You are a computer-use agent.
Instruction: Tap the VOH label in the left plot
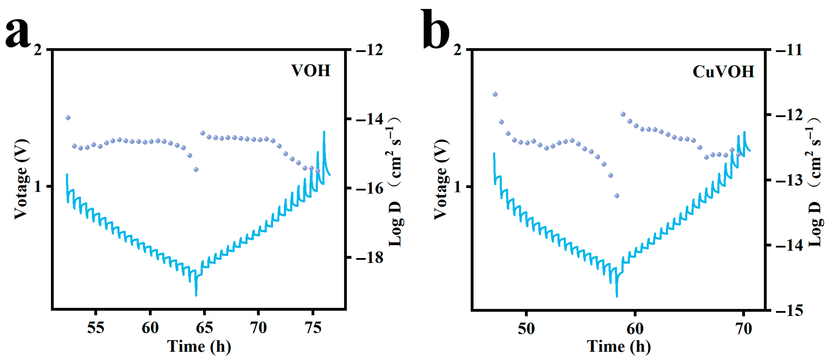(311, 71)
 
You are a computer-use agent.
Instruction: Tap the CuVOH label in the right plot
(723, 71)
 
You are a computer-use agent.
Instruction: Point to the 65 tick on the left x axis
(204, 328)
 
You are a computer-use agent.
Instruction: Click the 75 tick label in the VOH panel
(313, 328)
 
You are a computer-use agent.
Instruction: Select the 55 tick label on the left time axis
(96, 328)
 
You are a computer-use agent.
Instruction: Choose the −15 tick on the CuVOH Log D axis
(789, 310)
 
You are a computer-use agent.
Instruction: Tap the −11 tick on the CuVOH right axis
(789, 50)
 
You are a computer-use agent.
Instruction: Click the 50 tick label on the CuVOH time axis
(526, 328)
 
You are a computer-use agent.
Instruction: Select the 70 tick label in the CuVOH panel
(744, 328)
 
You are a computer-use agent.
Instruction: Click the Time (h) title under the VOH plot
(199, 347)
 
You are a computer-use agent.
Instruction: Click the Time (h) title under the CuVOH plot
(619, 347)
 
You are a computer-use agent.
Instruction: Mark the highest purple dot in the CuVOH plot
(495, 94)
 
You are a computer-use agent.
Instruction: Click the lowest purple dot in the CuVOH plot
(617, 196)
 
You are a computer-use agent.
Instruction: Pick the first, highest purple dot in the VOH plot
(68, 118)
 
